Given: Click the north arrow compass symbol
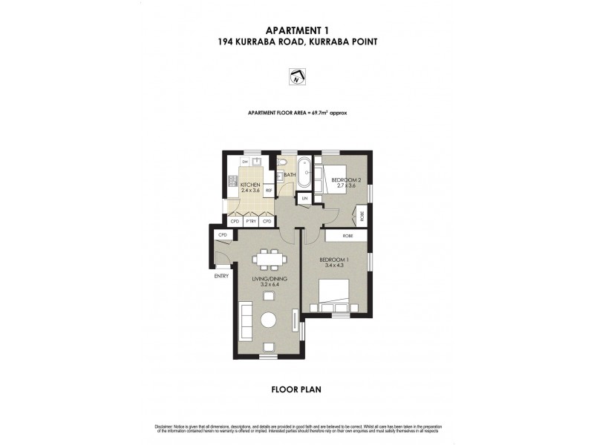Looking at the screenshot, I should point(296,76).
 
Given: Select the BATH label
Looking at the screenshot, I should point(290,176).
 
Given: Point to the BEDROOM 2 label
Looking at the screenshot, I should point(346,180).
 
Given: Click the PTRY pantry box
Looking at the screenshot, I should point(250,221).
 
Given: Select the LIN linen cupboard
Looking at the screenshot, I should point(304,199).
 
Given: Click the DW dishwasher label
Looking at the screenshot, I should point(244,162).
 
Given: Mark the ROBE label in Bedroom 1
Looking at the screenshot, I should point(347,236).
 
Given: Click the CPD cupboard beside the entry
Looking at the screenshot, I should point(221,235).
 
